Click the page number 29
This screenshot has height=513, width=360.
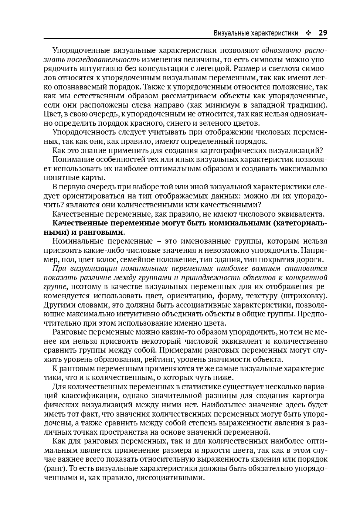click(323, 33)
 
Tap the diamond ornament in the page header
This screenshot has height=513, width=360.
click(308, 33)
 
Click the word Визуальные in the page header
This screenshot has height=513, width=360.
click(231, 33)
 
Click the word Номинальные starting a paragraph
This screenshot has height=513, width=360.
click(77, 241)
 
